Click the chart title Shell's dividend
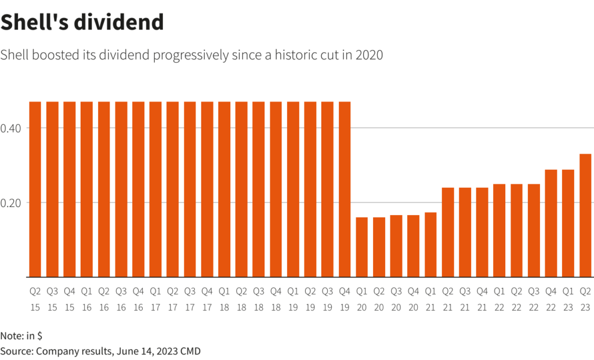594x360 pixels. point(82,23)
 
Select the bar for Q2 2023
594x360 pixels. point(585,216)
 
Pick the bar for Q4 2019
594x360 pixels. point(345,190)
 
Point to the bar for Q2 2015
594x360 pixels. point(35,190)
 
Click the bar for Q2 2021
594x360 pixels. point(448,232)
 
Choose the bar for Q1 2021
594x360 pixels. point(430,245)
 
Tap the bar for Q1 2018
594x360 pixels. point(224,190)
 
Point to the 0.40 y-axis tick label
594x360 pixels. point(11,128)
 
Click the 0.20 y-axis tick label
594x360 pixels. point(11,203)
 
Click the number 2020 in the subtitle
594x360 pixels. point(369,56)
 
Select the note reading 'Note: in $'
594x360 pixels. point(21,336)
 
